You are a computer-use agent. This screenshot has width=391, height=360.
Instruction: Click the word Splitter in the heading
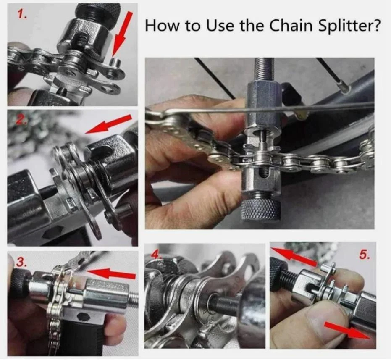(x=351, y=26)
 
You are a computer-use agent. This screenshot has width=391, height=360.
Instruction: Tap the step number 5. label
(x=364, y=255)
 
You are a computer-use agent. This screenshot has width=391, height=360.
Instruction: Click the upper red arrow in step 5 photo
(x=294, y=257)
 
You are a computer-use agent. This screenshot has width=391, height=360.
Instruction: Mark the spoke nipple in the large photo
(x=345, y=88)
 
